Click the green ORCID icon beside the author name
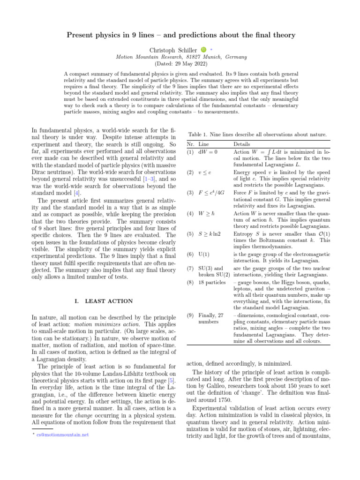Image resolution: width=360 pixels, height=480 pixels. click(203, 49)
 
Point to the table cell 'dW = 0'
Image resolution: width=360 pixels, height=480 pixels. click(208, 152)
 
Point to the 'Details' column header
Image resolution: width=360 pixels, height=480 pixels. click(241, 144)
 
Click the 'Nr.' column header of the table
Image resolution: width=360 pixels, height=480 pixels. click(191, 144)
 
